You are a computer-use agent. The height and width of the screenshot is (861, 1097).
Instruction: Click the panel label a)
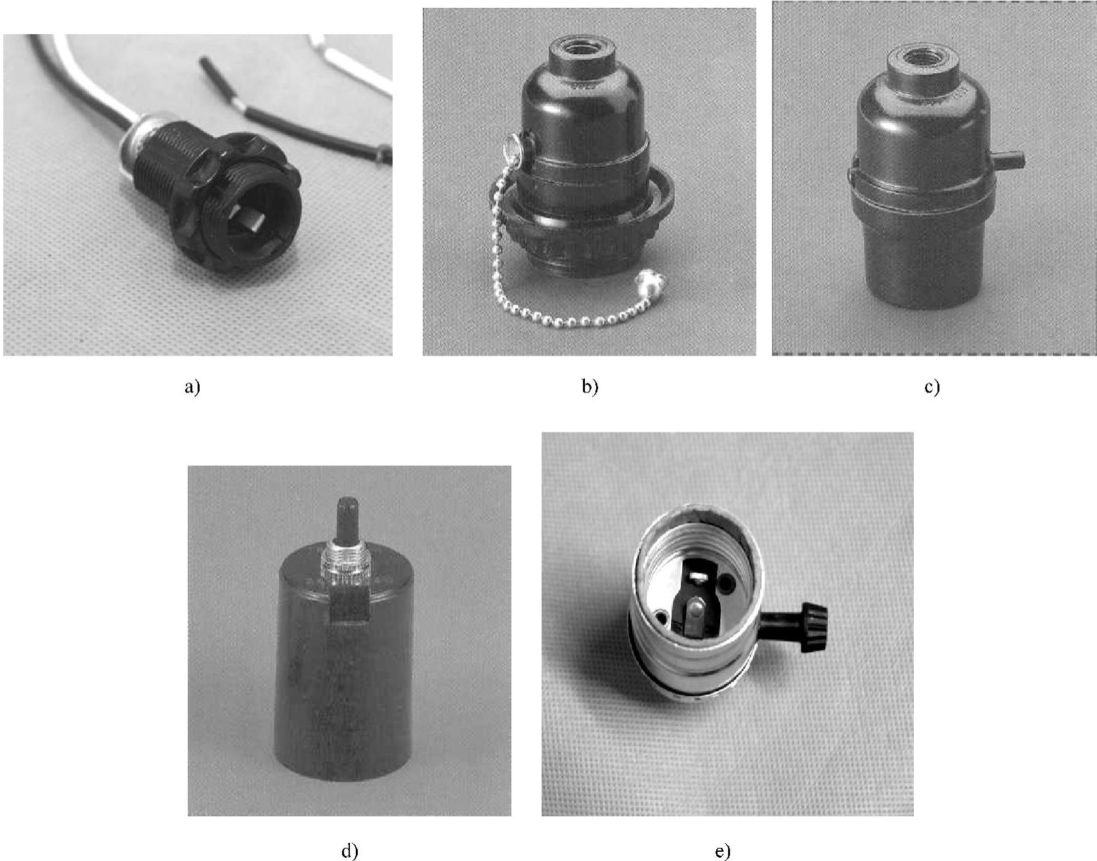click(x=192, y=387)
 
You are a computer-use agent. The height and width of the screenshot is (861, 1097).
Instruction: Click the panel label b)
click(x=590, y=387)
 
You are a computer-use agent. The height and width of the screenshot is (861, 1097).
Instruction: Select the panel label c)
click(x=932, y=387)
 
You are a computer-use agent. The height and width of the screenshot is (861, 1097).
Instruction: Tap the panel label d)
click(x=350, y=852)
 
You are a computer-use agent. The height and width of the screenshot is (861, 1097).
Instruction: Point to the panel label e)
click(x=722, y=852)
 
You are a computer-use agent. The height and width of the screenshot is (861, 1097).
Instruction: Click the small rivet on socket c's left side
click(x=851, y=175)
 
